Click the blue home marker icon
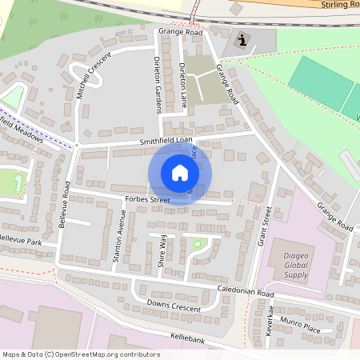click(179, 173)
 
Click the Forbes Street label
click(148, 199)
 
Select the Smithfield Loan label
click(166, 142)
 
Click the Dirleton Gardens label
click(158, 85)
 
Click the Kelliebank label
click(189, 338)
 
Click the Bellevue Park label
click(19, 239)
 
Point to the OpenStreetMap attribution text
click(80, 354)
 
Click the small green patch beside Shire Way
click(200, 243)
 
